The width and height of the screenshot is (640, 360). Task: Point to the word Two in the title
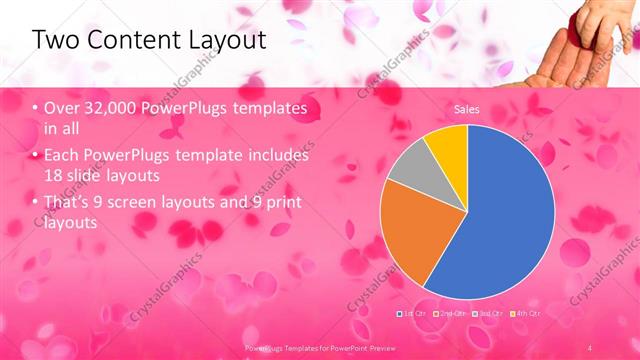pyautogui.click(x=56, y=40)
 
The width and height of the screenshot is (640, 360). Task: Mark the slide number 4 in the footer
pyautogui.click(x=590, y=346)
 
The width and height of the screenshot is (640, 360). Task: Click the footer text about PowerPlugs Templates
pyautogui.click(x=319, y=346)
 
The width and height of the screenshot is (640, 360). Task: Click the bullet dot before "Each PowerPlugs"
pyautogui.click(x=36, y=157)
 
